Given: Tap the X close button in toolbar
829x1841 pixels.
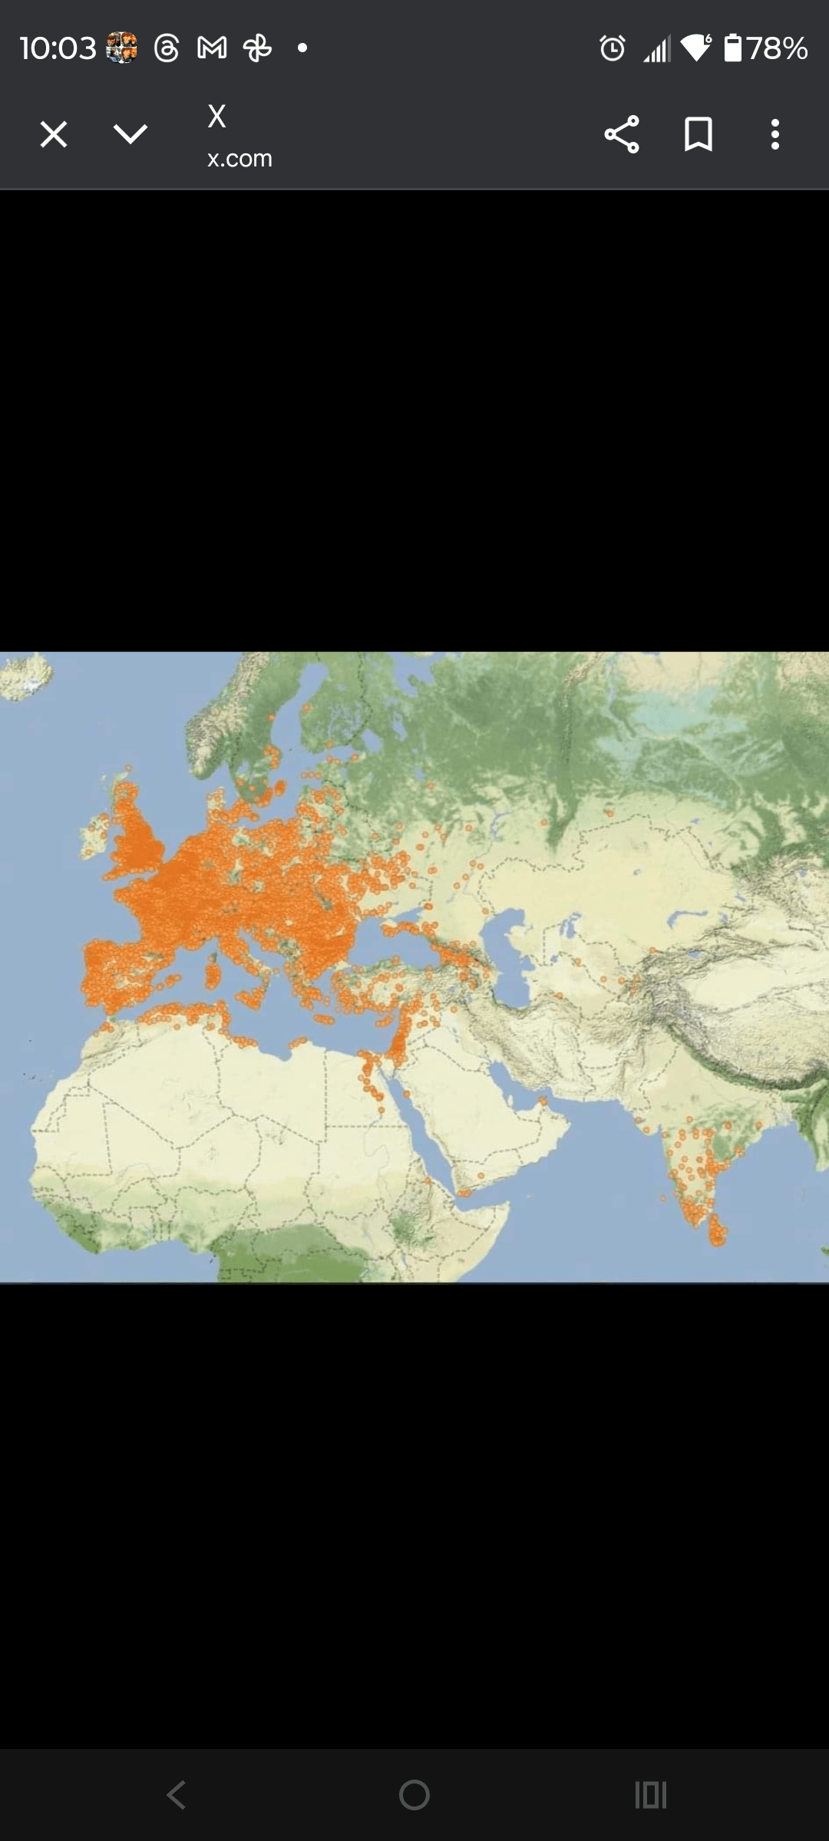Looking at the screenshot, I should [x=54, y=134].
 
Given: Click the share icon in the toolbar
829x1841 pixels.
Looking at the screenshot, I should [x=621, y=134].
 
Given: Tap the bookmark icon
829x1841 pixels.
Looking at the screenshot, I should [x=698, y=134].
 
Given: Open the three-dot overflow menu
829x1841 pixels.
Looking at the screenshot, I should [x=775, y=134].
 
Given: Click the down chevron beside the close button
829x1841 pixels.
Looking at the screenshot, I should [x=130, y=134].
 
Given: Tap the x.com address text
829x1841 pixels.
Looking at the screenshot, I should [x=239, y=158].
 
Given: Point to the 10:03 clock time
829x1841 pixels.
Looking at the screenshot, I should [x=58, y=48].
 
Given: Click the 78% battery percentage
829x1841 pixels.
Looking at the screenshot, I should [x=778, y=48].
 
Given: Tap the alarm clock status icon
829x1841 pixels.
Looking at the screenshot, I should [x=613, y=48].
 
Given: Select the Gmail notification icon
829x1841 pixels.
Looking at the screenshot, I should [x=212, y=48].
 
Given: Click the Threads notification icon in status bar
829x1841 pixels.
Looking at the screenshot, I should [x=167, y=48].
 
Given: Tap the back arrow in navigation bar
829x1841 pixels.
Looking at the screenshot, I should [x=177, y=1795].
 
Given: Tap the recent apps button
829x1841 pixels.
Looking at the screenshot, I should [x=650, y=1795].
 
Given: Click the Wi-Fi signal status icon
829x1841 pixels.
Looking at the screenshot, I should [x=695, y=48].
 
